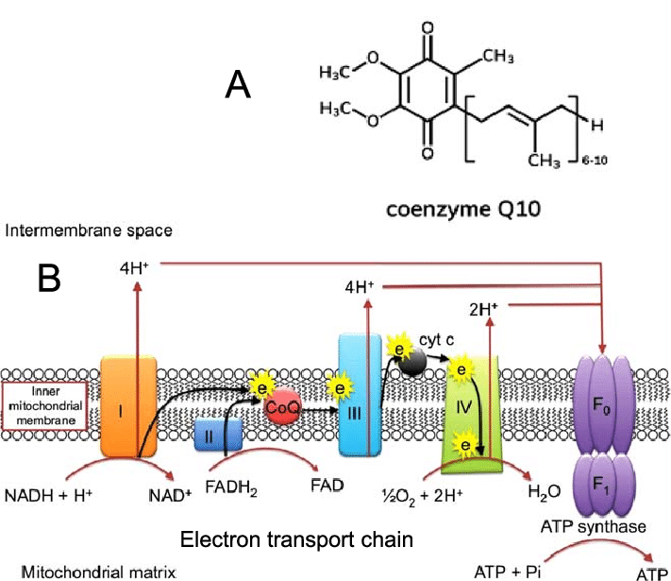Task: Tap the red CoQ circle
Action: (x=283, y=409)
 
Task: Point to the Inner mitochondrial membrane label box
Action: (x=44, y=408)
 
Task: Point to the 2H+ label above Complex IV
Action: (x=482, y=308)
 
